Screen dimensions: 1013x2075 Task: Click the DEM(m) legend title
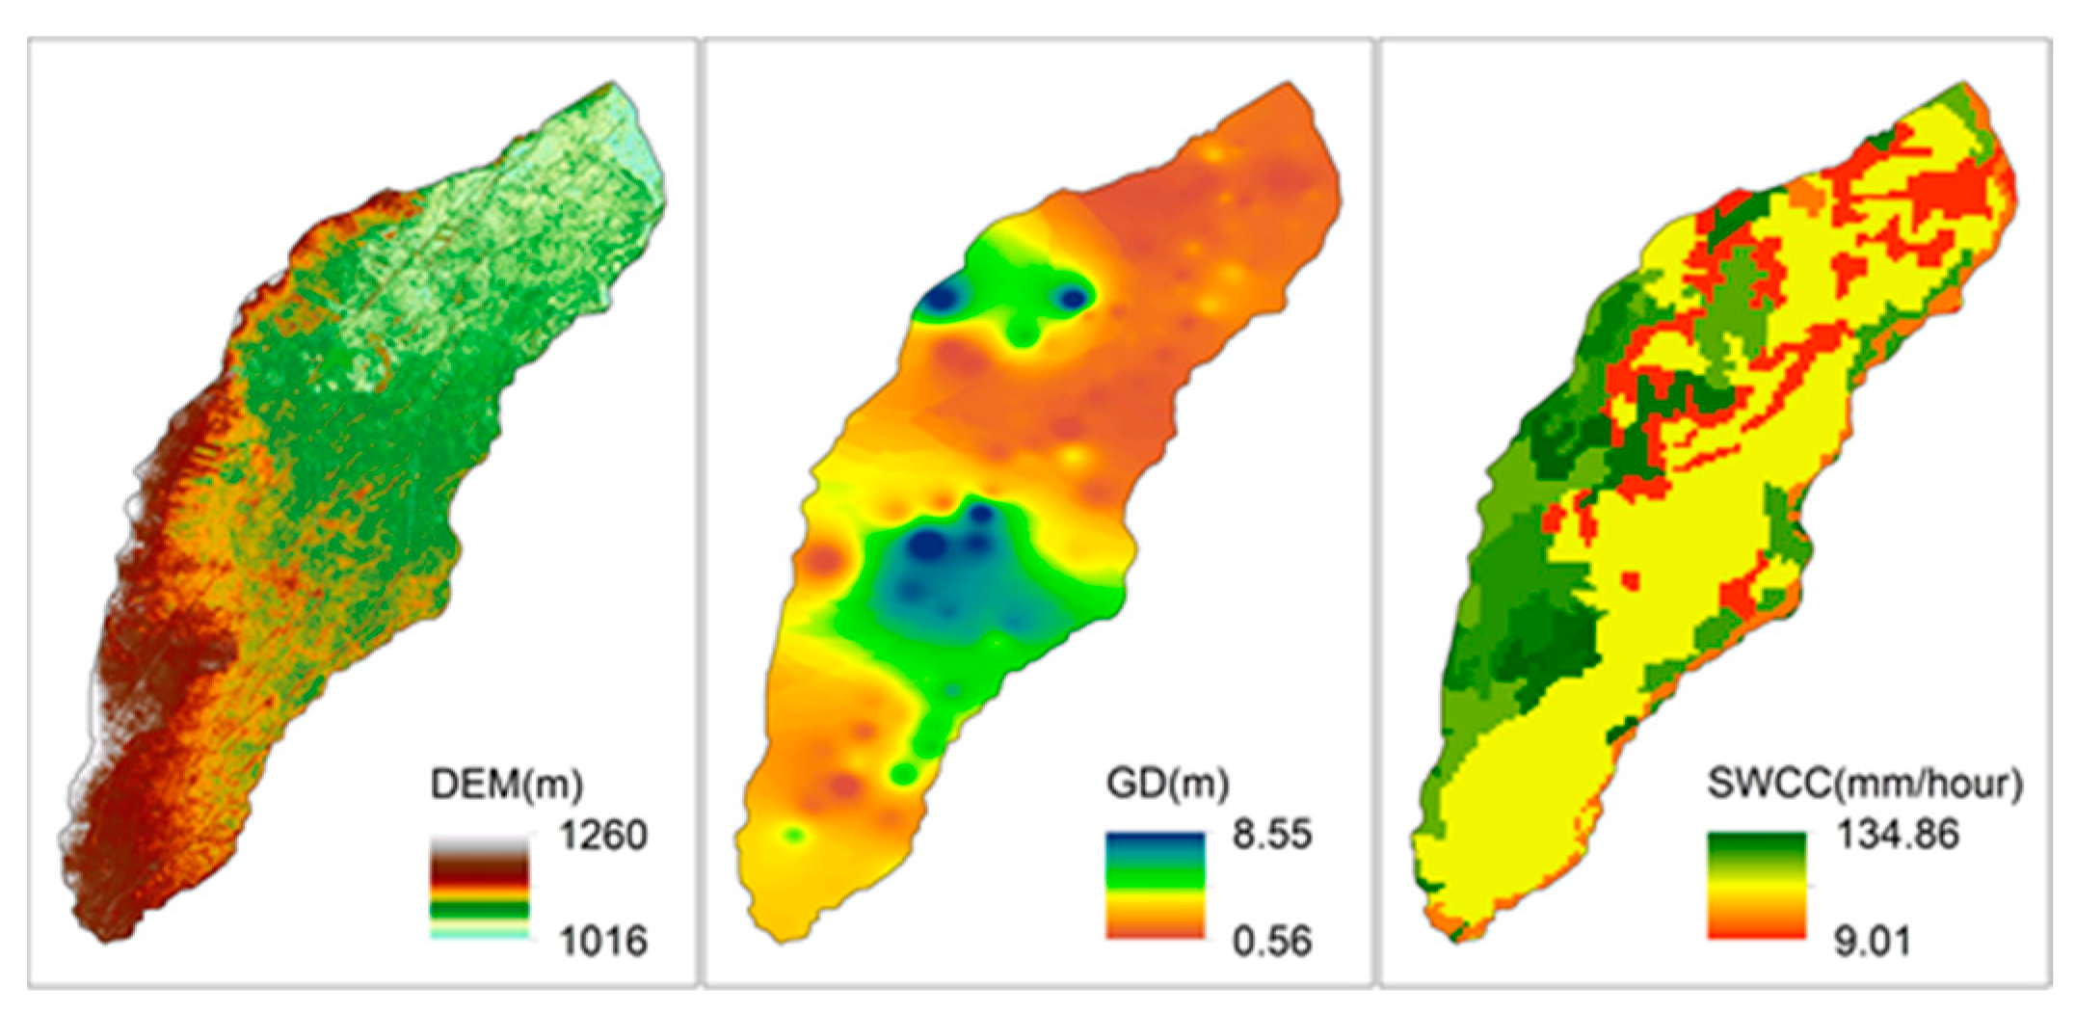[x=506, y=785]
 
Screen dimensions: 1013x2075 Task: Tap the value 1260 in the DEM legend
[x=603, y=836]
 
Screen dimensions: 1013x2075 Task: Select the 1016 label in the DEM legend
[x=603, y=940]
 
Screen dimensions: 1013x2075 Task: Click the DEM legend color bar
[x=479, y=887]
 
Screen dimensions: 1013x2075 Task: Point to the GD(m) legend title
[x=1167, y=785]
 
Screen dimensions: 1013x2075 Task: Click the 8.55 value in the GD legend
[x=1271, y=835]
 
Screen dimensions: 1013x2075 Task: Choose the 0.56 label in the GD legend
[x=1271, y=940]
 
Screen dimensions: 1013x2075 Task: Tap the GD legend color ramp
[x=1155, y=887]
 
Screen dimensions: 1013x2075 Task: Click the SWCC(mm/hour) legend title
[x=1864, y=785]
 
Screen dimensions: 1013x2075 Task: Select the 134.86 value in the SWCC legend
[x=1897, y=835]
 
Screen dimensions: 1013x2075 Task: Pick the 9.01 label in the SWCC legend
[x=1872, y=940]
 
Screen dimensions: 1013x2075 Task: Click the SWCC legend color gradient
[x=1756, y=887]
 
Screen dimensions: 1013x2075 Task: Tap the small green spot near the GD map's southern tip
[x=793, y=835]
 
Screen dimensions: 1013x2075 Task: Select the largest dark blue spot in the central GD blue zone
[x=927, y=546]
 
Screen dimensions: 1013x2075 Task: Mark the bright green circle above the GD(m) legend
[x=904, y=773]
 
